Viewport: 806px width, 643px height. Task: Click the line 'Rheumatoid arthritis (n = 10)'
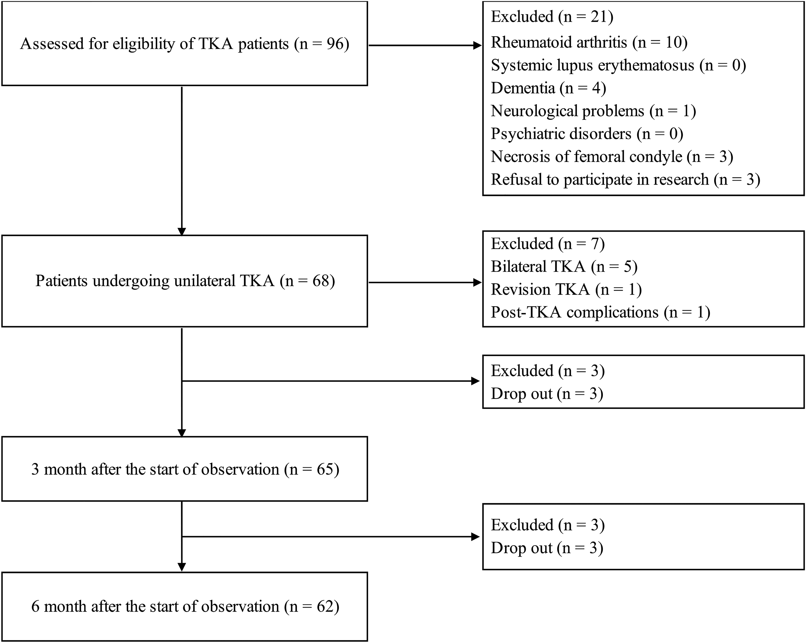tap(589, 42)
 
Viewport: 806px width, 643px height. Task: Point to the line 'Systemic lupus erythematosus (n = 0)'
tap(618, 65)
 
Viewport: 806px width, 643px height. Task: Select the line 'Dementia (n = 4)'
tap(548, 88)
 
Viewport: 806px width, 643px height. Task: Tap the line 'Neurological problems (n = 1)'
tap(593, 111)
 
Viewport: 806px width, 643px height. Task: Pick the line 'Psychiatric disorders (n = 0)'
tap(587, 134)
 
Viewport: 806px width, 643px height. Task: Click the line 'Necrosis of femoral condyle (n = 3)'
tap(612, 156)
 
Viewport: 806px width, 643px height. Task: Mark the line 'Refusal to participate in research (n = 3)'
tap(625, 179)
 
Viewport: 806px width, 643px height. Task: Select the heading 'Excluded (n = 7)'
tap(548, 244)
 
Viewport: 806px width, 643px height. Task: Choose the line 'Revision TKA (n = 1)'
tap(566, 289)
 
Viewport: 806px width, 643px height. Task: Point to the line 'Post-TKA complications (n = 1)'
tap(600, 312)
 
